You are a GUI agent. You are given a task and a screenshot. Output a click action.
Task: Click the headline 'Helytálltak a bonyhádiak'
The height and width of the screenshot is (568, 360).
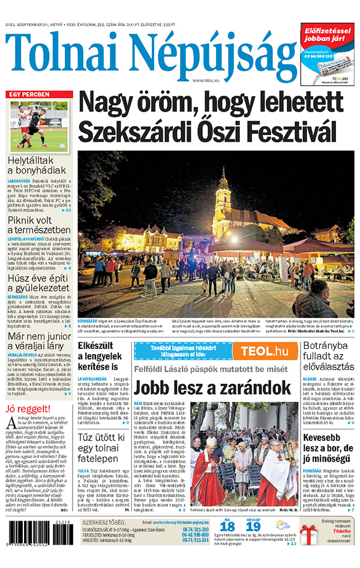pyautogui.click(x=39, y=166)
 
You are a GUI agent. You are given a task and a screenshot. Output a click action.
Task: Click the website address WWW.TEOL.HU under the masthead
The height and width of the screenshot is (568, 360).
pyautogui.click(x=205, y=80)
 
